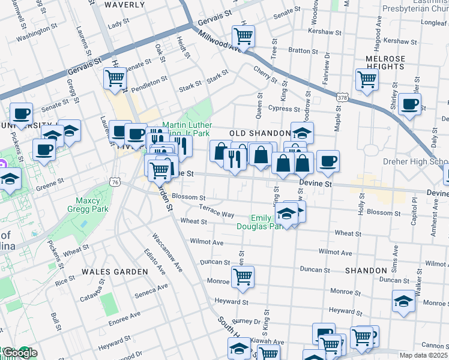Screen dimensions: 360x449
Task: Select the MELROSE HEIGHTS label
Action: (385, 62)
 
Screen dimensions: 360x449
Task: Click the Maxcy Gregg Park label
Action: (91, 205)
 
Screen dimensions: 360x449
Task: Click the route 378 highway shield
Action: (342, 97)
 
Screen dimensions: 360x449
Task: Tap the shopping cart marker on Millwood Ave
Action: (243, 36)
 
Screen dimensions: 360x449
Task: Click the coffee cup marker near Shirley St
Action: (410, 103)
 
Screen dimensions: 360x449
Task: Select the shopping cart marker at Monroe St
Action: (243, 277)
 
